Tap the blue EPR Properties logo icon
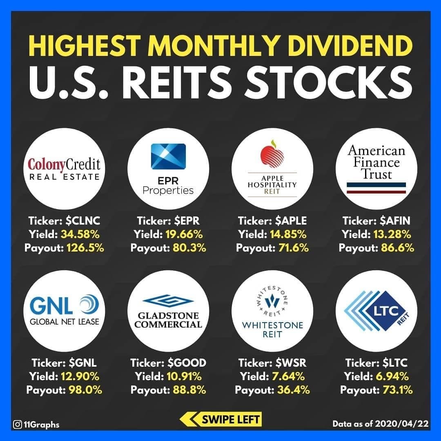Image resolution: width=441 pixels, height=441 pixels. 168,156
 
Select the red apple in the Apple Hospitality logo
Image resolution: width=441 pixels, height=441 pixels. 272,156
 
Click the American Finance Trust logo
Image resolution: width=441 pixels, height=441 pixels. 376,169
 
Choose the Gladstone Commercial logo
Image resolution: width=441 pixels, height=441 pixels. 168,311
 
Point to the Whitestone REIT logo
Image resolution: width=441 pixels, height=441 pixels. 272,311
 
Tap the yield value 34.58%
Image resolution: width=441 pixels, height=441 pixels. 80,234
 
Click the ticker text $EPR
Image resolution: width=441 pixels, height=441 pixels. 187,221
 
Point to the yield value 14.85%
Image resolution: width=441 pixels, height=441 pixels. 289,234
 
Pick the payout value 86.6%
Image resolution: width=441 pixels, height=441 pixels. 395,248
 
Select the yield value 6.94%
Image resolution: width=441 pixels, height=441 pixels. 393,376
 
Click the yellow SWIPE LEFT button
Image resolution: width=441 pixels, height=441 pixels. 220,419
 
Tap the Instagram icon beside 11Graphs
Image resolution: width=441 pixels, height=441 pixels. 18,424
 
